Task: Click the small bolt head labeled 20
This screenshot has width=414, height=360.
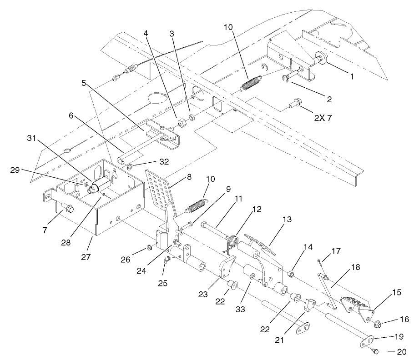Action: coord(374,350)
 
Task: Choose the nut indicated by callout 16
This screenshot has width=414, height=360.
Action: coord(377,325)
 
